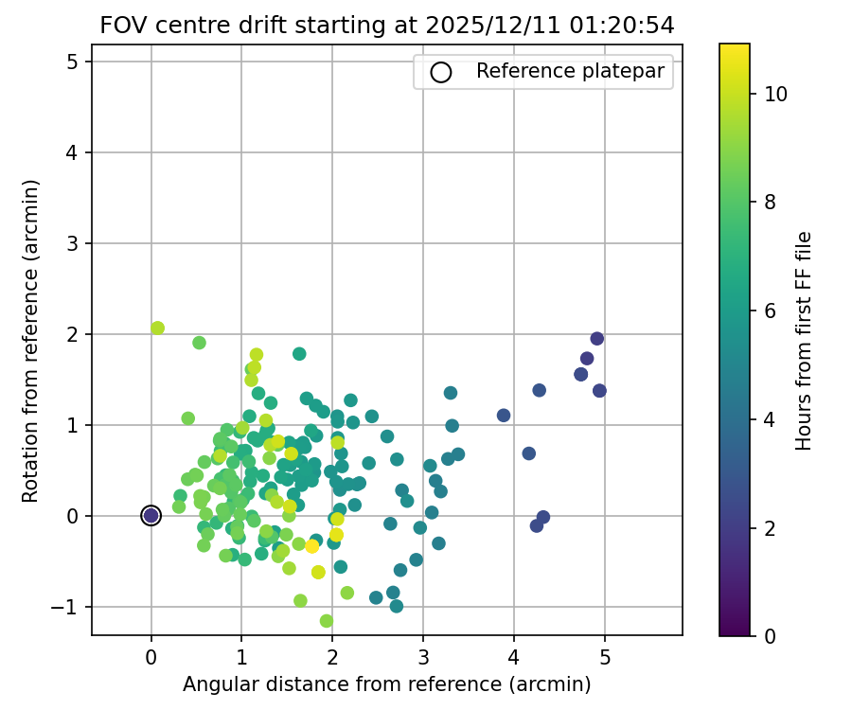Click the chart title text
click(x=387, y=27)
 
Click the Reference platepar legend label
click(x=570, y=71)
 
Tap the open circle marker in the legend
click(x=440, y=72)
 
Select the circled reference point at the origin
click(x=151, y=515)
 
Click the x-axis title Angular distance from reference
click(x=386, y=684)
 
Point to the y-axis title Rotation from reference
click(x=31, y=339)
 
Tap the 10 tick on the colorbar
click(x=775, y=95)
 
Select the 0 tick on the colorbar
click(x=769, y=636)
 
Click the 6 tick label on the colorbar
click(x=770, y=311)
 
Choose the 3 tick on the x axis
click(x=423, y=657)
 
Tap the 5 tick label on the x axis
click(x=605, y=657)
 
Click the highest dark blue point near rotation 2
click(x=596, y=339)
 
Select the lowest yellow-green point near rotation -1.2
click(x=327, y=621)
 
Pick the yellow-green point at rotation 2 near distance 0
click(x=157, y=328)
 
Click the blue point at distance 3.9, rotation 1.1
click(x=504, y=416)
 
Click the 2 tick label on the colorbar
click(x=770, y=528)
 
